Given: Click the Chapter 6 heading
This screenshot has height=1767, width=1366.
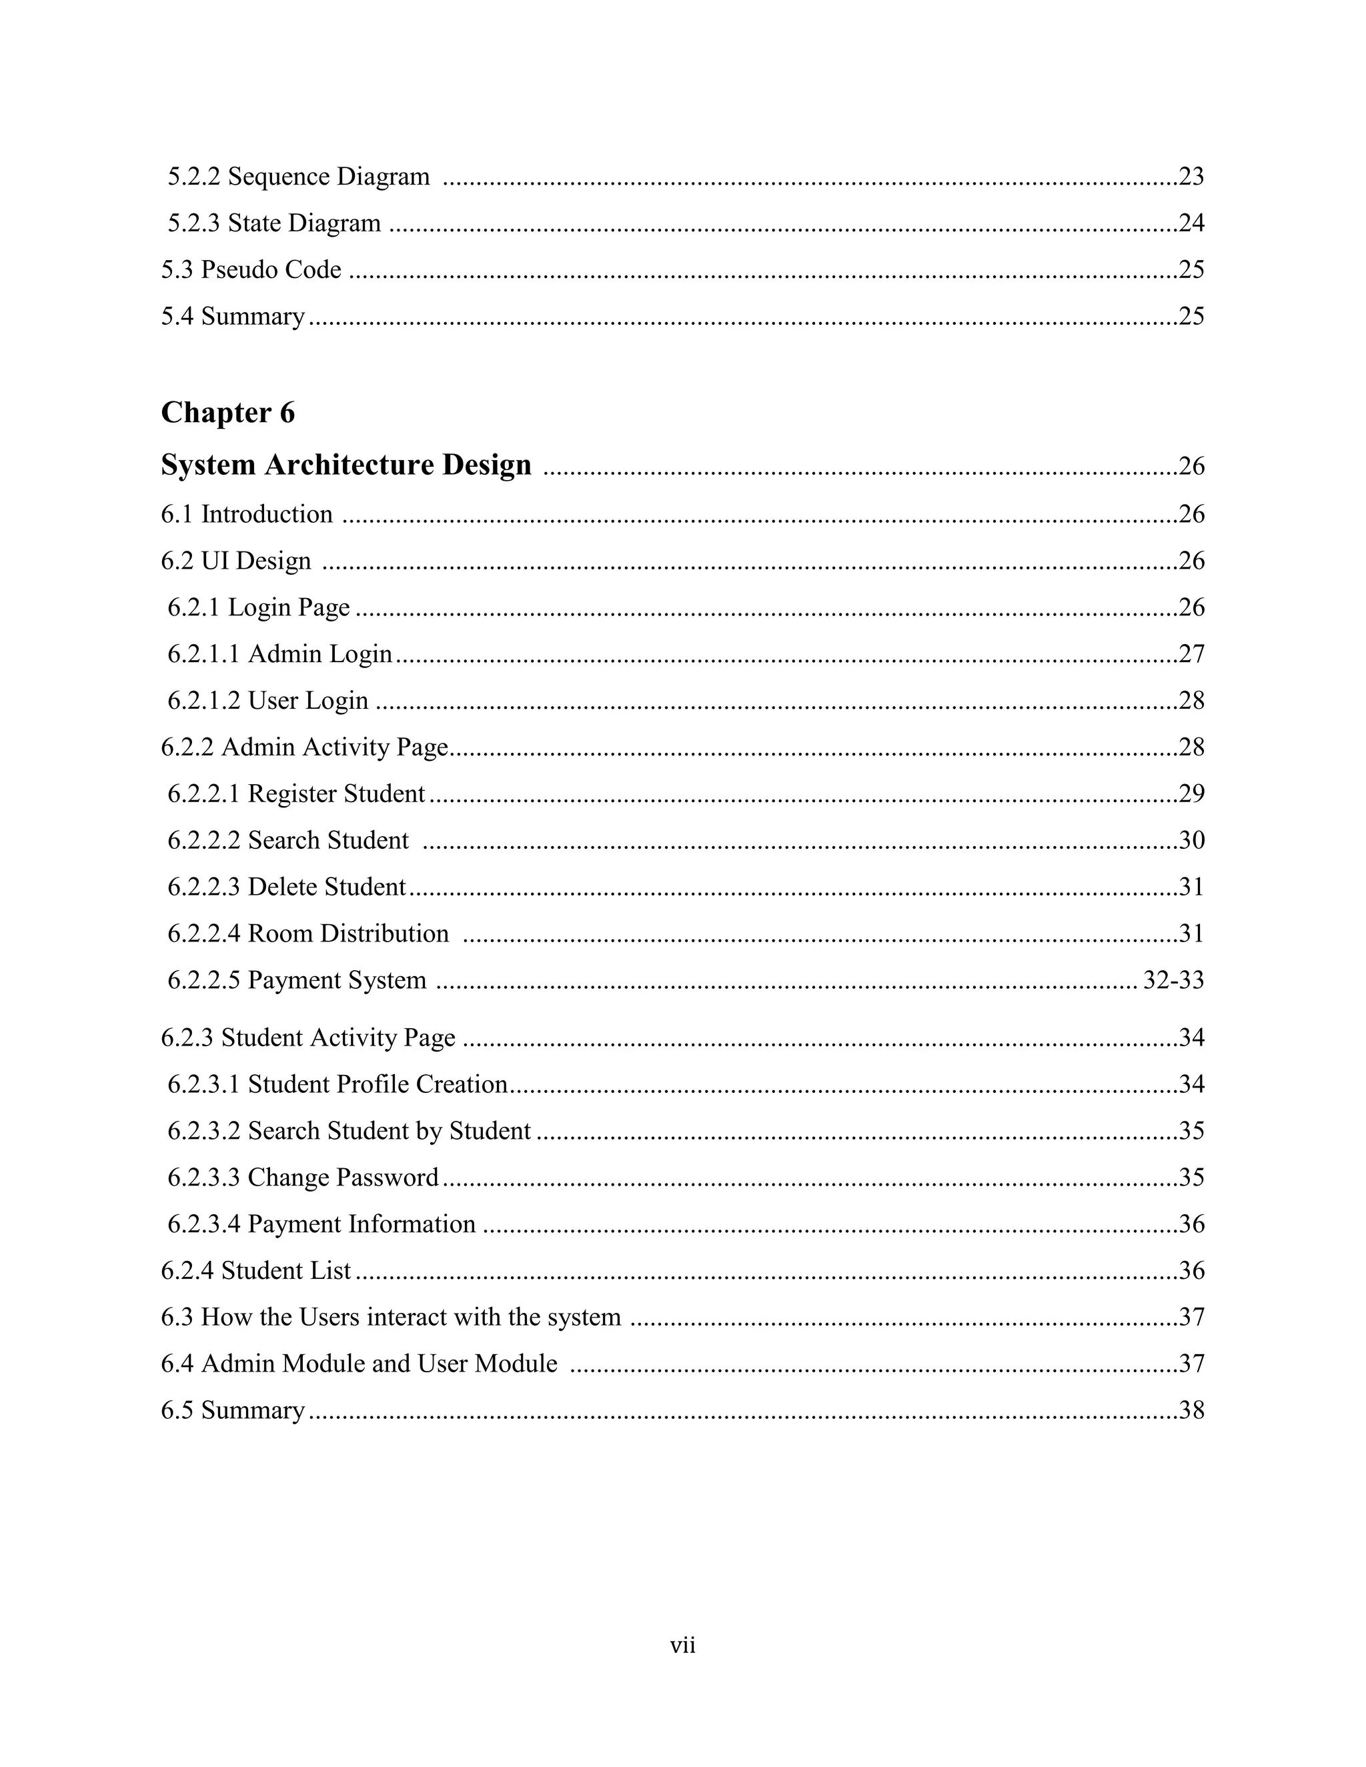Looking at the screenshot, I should click(227, 413).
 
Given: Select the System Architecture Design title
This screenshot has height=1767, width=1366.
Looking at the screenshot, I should click(346, 465).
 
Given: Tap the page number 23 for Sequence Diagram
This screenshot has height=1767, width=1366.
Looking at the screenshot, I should click(1191, 177).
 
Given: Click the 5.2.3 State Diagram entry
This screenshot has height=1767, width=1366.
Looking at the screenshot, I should click(273, 223).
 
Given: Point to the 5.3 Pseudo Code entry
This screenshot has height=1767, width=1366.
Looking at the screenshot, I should click(251, 269).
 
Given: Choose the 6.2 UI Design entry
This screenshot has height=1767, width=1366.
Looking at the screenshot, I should click(235, 561).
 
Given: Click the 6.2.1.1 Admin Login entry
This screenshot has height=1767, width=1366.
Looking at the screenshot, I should click(279, 653).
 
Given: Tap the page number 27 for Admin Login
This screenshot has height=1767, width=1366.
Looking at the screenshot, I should click(1191, 653).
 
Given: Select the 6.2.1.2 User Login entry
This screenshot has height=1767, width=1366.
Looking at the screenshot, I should click(268, 701).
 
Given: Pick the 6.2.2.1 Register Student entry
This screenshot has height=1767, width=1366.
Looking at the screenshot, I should click(295, 793).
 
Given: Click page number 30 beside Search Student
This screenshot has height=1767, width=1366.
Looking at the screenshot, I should click(1191, 841).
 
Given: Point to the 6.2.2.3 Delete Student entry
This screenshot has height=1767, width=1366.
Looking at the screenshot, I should click(286, 887).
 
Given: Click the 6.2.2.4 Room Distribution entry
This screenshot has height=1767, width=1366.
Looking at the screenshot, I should click(307, 934).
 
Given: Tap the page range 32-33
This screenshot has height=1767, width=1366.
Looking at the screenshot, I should click(1173, 981).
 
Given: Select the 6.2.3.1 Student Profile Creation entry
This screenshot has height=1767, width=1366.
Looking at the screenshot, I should click(337, 1084).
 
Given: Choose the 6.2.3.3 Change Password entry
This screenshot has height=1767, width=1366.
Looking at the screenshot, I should click(303, 1177).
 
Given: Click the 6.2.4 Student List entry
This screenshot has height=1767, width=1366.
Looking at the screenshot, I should click(255, 1270).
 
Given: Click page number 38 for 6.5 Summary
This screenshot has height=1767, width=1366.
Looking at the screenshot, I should click(1191, 1410).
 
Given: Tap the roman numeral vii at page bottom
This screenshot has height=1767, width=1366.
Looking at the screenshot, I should click(682, 1645).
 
